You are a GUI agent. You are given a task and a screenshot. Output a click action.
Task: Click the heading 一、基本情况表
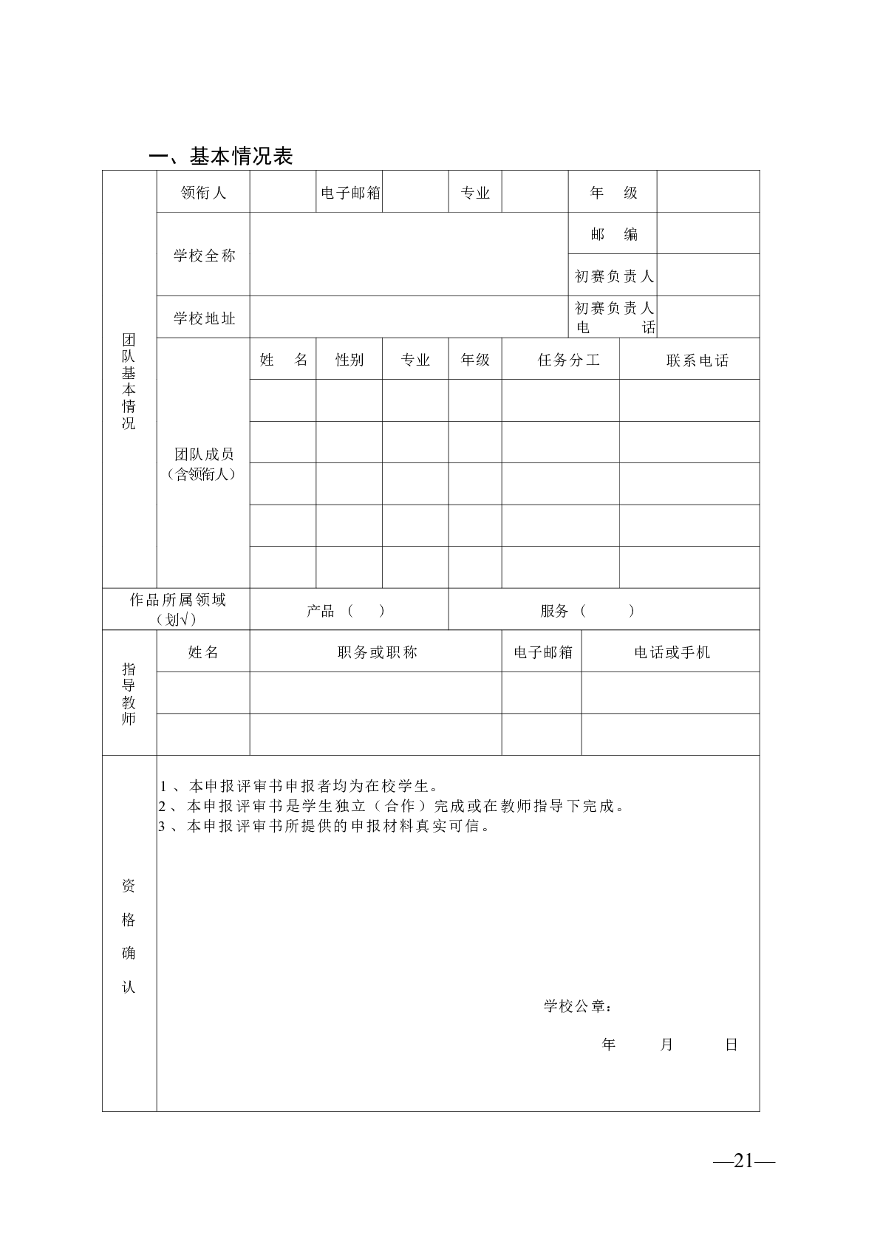pyautogui.click(x=221, y=156)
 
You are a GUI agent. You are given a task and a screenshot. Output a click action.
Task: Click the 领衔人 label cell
pyautogui.click(x=203, y=193)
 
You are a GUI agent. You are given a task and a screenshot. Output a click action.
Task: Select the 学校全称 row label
pyautogui.click(x=203, y=256)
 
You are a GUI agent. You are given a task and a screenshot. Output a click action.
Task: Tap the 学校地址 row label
pyautogui.click(x=203, y=318)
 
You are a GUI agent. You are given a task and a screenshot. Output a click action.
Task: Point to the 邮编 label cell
pyautogui.click(x=613, y=234)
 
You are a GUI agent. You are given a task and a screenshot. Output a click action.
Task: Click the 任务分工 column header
pyautogui.click(x=568, y=360)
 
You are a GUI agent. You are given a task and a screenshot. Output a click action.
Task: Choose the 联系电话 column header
pyautogui.click(x=697, y=360)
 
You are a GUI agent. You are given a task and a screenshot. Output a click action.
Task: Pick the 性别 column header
pyautogui.click(x=349, y=360)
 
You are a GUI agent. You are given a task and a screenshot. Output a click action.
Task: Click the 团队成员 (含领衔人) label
pyautogui.click(x=203, y=464)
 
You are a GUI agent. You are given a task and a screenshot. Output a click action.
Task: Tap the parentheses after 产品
pyautogui.click(x=366, y=611)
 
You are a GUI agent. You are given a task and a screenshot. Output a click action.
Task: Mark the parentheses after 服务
pyautogui.click(x=607, y=611)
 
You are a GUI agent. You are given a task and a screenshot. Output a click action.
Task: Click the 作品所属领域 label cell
pyautogui.click(x=177, y=609)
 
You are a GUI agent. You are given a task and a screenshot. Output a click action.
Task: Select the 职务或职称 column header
pyautogui.click(x=377, y=652)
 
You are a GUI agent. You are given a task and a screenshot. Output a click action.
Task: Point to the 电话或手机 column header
pyautogui.click(x=672, y=652)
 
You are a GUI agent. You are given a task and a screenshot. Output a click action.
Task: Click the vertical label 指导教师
pyautogui.click(x=129, y=693)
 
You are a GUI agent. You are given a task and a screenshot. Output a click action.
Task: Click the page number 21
pyautogui.click(x=743, y=1161)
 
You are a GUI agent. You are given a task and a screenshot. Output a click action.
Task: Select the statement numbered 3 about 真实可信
pyautogui.click(x=325, y=826)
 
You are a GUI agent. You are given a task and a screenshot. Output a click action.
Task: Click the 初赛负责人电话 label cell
pyautogui.click(x=614, y=318)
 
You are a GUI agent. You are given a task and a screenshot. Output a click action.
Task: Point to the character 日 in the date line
pyautogui.click(x=731, y=1045)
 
